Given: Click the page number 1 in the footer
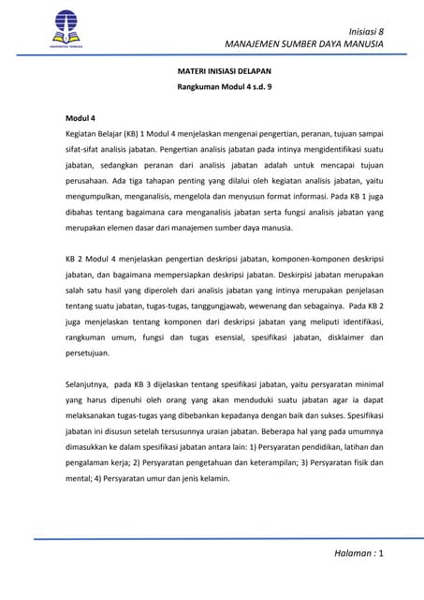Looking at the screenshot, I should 382,555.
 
